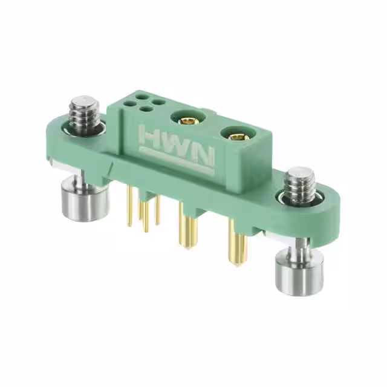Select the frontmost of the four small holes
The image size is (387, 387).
coord(146,110)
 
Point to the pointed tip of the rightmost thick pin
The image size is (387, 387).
coord(238,264)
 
